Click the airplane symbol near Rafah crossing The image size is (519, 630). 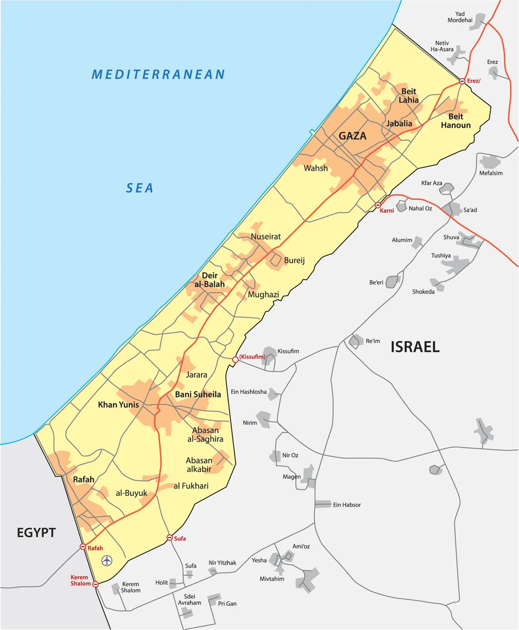click(x=107, y=561)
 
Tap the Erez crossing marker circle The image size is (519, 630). click(x=462, y=81)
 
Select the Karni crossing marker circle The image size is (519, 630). click(x=378, y=205)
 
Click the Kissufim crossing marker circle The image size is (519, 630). click(x=235, y=359)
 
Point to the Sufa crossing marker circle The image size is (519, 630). click(x=170, y=538)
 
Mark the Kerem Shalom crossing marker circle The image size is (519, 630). click(x=96, y=584)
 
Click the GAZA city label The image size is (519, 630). click(x=353, y=136)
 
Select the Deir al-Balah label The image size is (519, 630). click(x=206, y=280)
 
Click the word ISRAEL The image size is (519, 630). click(x=415, y=347)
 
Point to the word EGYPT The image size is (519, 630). click(x=36, y=533)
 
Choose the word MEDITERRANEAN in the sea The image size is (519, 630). click(x=158, y=75)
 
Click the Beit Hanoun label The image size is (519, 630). click(x=456, y=121)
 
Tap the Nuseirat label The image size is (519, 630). click(x=266, y=236)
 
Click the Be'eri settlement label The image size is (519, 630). click(x=376, y=283)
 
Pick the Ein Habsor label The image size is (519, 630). click(x=347, y=505)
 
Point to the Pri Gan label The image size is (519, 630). click(x=227, y=603)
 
